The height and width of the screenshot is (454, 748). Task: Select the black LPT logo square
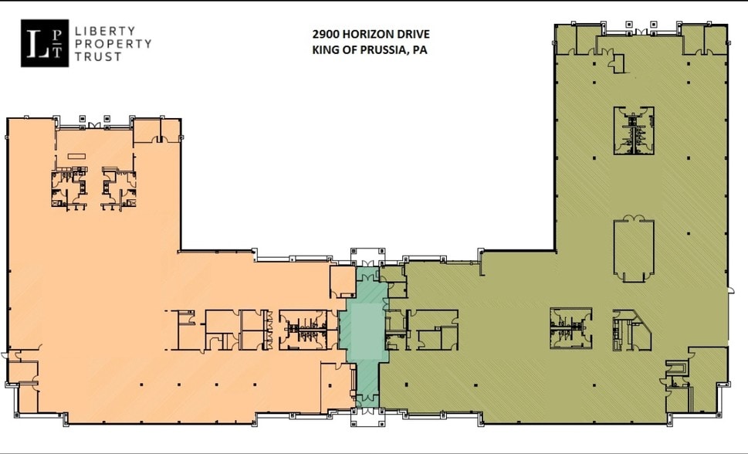[45, 43]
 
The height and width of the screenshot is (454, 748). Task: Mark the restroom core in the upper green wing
[634, 130]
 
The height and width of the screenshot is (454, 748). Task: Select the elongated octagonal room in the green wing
[633, 249]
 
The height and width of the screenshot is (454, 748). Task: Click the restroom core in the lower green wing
[570, 328]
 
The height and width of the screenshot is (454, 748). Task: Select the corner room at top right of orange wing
[157, 131]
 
